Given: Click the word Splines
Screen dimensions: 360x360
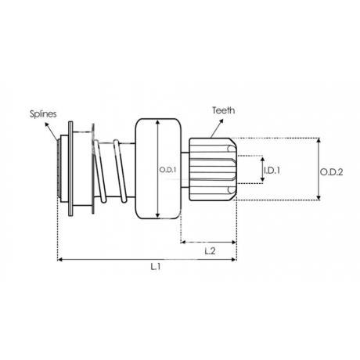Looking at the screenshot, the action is pyautogui.click(x=43, y=114).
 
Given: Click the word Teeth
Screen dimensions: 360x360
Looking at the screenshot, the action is pyautogui.click(x=223, y=110).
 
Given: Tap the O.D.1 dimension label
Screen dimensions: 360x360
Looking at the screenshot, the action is pyautogui.click(x=168, y=170).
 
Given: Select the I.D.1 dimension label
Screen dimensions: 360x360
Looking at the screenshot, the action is pyautogui.click(x=272, y=171).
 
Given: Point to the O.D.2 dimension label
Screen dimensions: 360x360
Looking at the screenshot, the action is pyautogui.click(x=331, y=172).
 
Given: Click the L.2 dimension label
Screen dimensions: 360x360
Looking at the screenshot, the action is pyautogui.click(x=210, y=251).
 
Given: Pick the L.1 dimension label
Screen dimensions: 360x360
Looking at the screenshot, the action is pyautogui.click(x=156, y=267).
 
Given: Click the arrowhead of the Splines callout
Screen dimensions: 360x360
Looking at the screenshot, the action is pyautogui.click(x=47, y=124).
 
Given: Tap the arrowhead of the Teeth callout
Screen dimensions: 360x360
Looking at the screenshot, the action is pyautogui.click(x=221, y=121).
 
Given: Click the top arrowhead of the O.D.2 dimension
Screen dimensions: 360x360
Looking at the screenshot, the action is pyautogui.click(x=319, y=140).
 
